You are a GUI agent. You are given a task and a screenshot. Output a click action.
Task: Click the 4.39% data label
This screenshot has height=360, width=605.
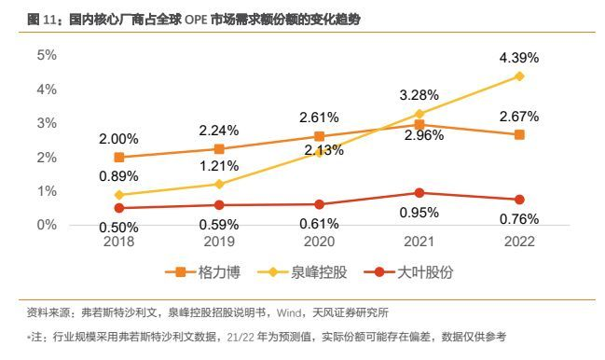click(519, 58)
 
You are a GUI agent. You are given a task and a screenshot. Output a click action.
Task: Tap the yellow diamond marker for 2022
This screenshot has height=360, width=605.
click(519, 76)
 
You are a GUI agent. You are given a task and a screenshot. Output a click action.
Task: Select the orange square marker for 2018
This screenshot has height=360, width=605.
click(118, 158)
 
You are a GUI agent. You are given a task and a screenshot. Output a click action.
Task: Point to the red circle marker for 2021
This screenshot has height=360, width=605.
click(419, 193)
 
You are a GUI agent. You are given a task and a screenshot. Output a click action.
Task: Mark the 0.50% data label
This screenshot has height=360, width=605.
click(118, 226)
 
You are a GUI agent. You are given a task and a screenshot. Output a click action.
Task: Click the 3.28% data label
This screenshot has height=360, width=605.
click(419, 95)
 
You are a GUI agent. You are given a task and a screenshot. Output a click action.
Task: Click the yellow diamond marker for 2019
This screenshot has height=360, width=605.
click(219, 184)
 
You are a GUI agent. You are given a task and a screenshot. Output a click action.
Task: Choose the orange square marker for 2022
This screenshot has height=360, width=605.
click(519, 134)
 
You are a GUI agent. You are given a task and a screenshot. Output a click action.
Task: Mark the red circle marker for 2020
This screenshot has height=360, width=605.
click(320, 204)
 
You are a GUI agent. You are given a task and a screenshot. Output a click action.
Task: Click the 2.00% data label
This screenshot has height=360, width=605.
click(118, 139)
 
